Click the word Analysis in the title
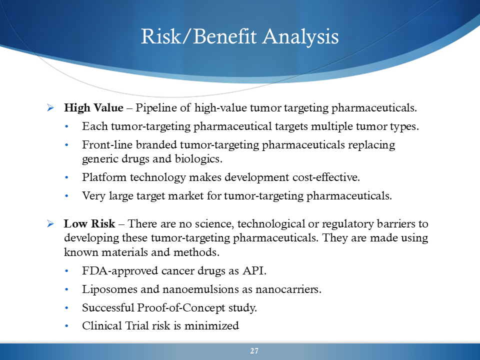300,37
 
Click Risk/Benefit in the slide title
198,36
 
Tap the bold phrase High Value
93,108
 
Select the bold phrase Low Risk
89,223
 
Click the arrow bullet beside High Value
50,108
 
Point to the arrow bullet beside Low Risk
50,224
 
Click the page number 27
254,351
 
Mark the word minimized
211,325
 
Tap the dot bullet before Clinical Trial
66,326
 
